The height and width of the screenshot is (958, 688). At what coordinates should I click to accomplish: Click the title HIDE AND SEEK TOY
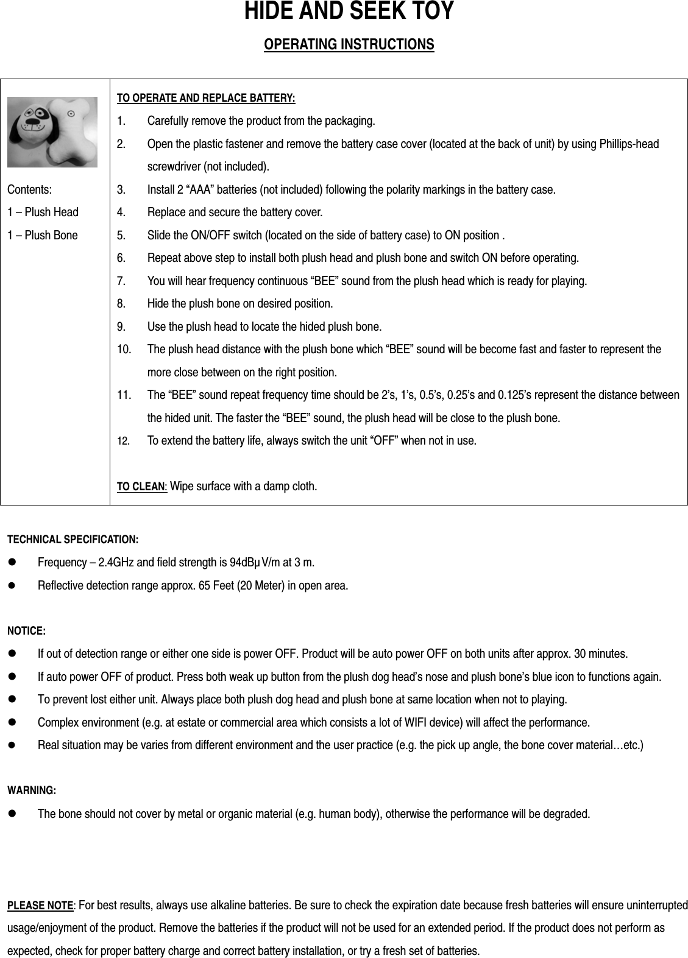pyautogui.click(x=349, y=12)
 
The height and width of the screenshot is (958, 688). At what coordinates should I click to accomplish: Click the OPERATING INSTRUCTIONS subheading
pyautogui.click(x=349, y=45)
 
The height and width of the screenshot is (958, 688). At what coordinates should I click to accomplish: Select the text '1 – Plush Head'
pyautogui.click(x=43, y=213)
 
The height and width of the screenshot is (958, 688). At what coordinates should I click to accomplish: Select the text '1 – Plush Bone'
pyautogui.click(x=43, y=235)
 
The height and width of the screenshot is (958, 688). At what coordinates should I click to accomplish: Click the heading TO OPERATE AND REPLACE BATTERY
pyautogui.click(x=205, y=98)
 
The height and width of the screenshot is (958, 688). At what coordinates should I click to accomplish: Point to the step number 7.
pyautogui.click(x=121, y=281)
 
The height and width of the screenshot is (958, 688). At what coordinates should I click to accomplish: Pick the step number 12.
pyautogui.click(x=122, y=440)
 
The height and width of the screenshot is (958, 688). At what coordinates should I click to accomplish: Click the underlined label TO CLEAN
pyautogui.click(x=141, y=487)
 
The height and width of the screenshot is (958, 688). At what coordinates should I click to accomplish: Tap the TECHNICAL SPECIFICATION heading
pyautogui.click(x=72, y=540)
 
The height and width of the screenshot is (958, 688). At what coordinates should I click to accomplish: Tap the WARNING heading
pyautogui.click(x=31, y=791)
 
